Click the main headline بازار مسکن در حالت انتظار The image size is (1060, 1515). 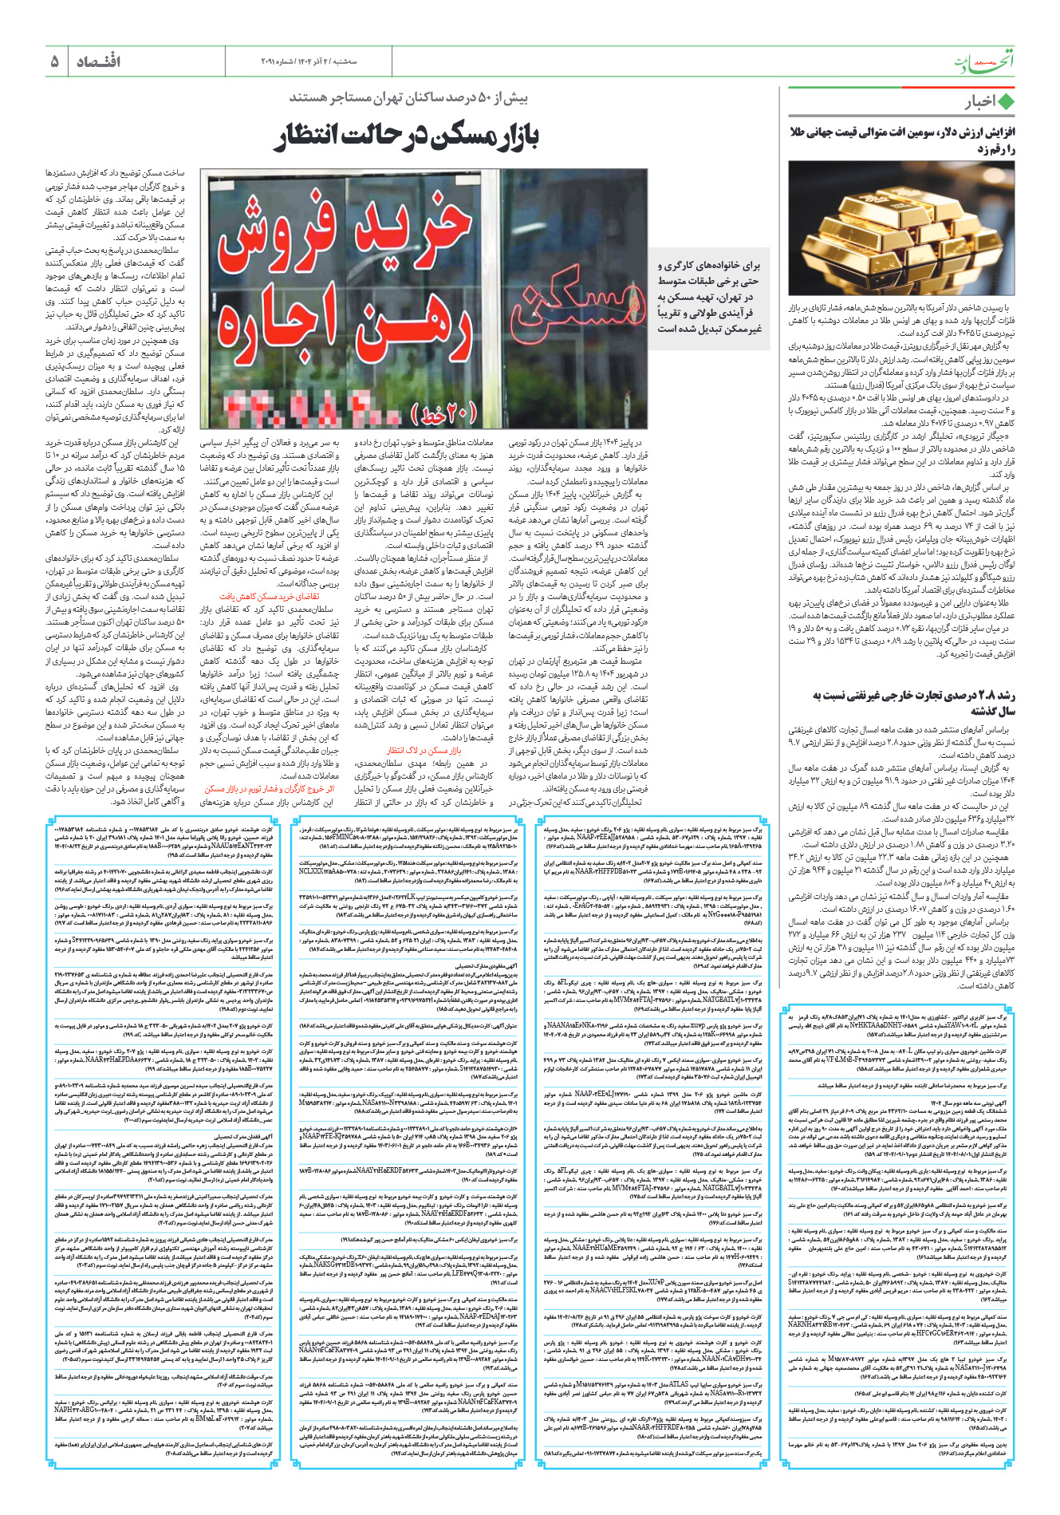[407, 136]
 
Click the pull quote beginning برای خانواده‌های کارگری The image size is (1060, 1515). [709, 296]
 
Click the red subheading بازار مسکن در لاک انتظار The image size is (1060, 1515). [424, 751]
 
